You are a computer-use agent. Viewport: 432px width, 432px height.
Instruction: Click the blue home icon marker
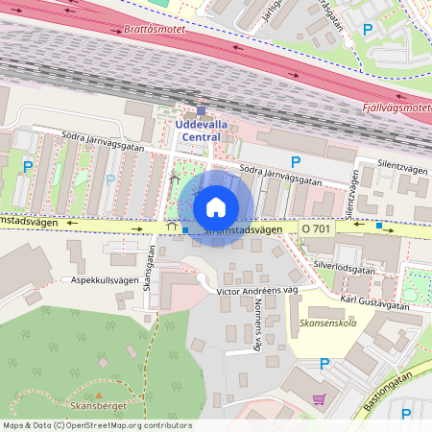216,206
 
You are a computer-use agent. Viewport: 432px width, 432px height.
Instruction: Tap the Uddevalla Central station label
199,131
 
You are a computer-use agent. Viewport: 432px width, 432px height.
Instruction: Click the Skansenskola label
327,323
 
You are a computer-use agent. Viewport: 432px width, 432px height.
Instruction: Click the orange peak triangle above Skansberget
99,395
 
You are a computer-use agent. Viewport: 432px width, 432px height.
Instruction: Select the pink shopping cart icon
320,399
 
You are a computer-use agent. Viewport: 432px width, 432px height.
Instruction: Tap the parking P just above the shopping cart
324,365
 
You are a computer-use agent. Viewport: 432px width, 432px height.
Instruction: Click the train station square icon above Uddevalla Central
201,109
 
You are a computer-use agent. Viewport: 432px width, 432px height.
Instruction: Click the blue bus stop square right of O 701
379,226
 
